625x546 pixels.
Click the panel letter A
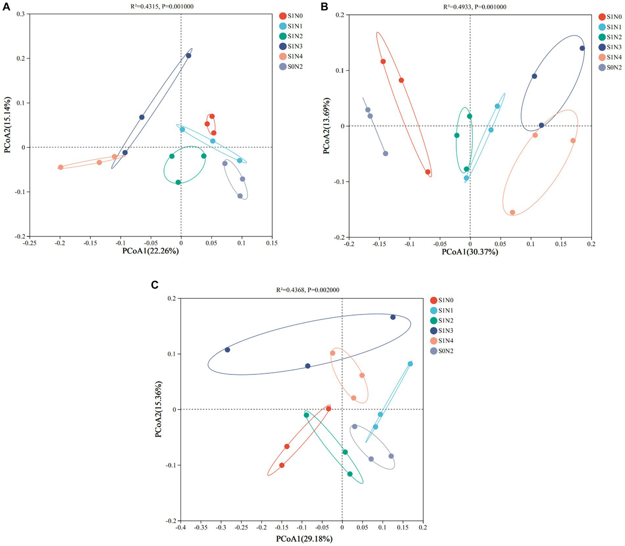click(6, 7)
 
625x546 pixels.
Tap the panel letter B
click(325, 7)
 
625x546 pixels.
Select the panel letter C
click(155, 285)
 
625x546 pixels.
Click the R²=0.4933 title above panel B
click(475, 7)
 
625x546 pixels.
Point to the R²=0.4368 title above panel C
click(307, 290)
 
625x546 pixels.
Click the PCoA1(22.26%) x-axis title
click(150, 251)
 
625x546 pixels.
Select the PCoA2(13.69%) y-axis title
click(326, 126)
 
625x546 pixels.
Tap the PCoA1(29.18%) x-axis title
click(304, 539)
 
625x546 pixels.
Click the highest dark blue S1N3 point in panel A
click(189, 56)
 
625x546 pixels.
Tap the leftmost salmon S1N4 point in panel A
click(61, 167)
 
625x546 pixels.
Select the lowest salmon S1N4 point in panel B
click(513, 213)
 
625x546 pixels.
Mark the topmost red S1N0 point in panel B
click(383, 61)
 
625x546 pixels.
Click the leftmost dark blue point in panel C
click(228, 350)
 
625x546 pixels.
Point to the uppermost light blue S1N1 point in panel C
click(410, 364)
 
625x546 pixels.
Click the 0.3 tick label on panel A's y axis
click(20, 14)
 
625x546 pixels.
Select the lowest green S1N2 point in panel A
click(178, 182)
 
